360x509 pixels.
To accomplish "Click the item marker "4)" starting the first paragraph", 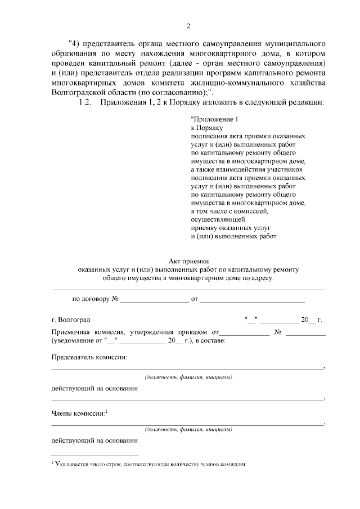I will (73, 43).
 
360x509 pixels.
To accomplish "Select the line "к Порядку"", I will (208, 128).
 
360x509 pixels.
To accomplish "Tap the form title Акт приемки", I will (188, 261).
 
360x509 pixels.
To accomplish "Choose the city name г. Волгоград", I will (70, 320).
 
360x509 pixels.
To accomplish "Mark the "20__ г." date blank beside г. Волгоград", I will (310, 320).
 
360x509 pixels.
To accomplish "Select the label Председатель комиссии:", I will (89, 357).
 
